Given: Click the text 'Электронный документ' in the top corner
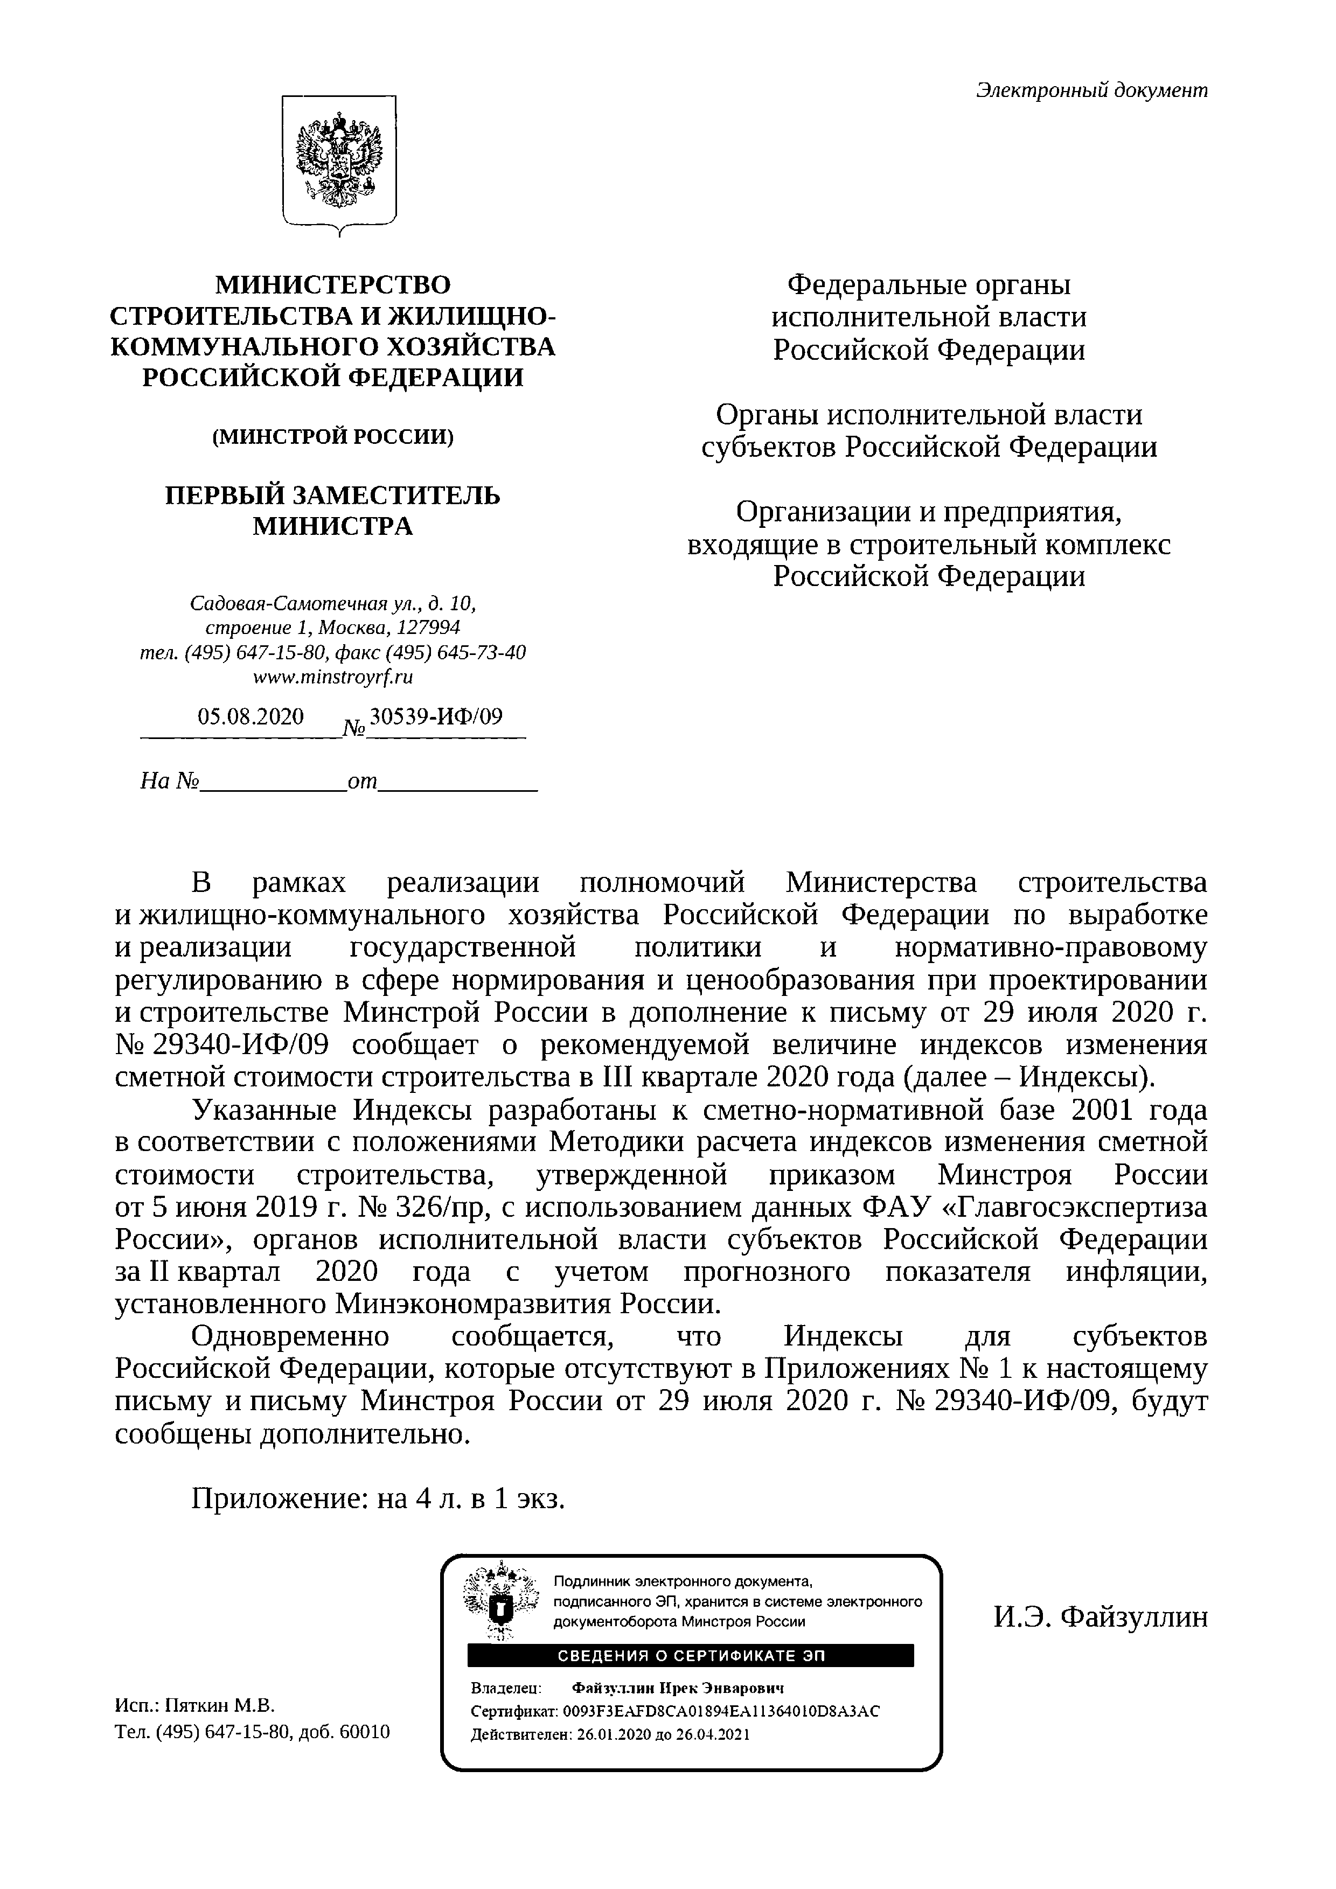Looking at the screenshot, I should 1091,90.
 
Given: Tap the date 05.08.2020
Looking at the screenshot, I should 250,716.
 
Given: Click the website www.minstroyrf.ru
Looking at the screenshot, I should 333,677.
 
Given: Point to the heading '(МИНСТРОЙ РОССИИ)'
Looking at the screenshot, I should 333,436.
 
